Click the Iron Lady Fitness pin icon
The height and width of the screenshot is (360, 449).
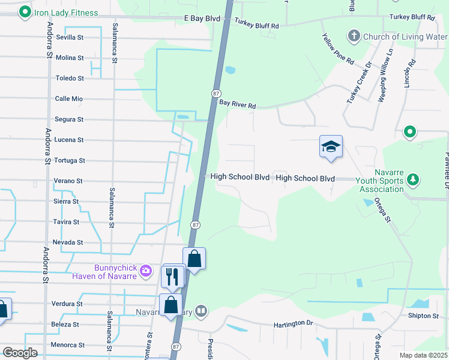[25, 12]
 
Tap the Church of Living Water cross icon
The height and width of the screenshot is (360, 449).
[354, 37]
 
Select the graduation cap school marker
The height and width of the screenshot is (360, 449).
[331, 146]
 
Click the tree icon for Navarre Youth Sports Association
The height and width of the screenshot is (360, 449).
[413, 179]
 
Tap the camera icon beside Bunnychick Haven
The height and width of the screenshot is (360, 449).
[145, 271]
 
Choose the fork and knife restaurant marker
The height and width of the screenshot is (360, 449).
[173, 277]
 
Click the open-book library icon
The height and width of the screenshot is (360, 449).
[201, 311]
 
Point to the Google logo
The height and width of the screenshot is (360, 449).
[20, 353]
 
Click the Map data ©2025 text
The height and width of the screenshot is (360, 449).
[423, 355]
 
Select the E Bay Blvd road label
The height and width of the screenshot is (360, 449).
[202, 19]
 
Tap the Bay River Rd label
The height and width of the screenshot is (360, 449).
[237, 104]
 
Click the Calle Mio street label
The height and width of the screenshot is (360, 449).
[69, 99]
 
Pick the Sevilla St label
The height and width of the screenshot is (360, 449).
[70, 37]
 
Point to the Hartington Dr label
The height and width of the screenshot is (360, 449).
[294, 323]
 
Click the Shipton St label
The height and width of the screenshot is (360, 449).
[423, 316]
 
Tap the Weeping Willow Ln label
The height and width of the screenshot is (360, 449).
[385, 76]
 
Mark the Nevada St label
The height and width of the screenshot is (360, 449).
[68, 242]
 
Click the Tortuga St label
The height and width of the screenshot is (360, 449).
[70, 161]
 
